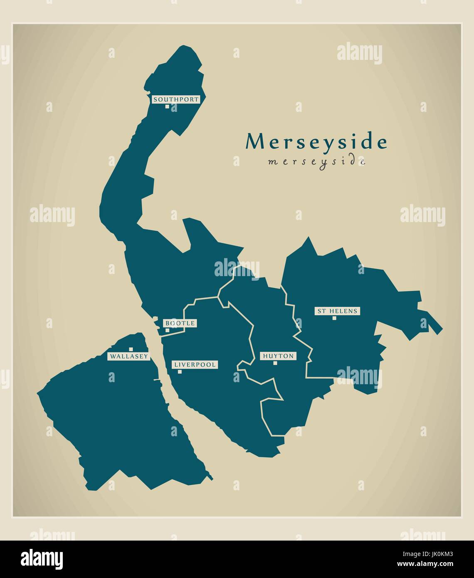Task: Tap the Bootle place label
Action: coord(180,323)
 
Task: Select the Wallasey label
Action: coord(129,356)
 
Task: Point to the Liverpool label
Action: coord(195,365)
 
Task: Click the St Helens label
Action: coord(337,311)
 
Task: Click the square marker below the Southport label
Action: coord(167,106)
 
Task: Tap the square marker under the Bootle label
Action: coord(167,331)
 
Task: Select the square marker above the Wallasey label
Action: coord(131,349)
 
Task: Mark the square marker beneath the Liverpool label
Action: coord(180,372)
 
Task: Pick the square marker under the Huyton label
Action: coord(275,363)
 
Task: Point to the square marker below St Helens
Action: coord(334,318)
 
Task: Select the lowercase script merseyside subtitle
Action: coord(317,161)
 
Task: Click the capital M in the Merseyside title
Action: coord(254,142)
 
